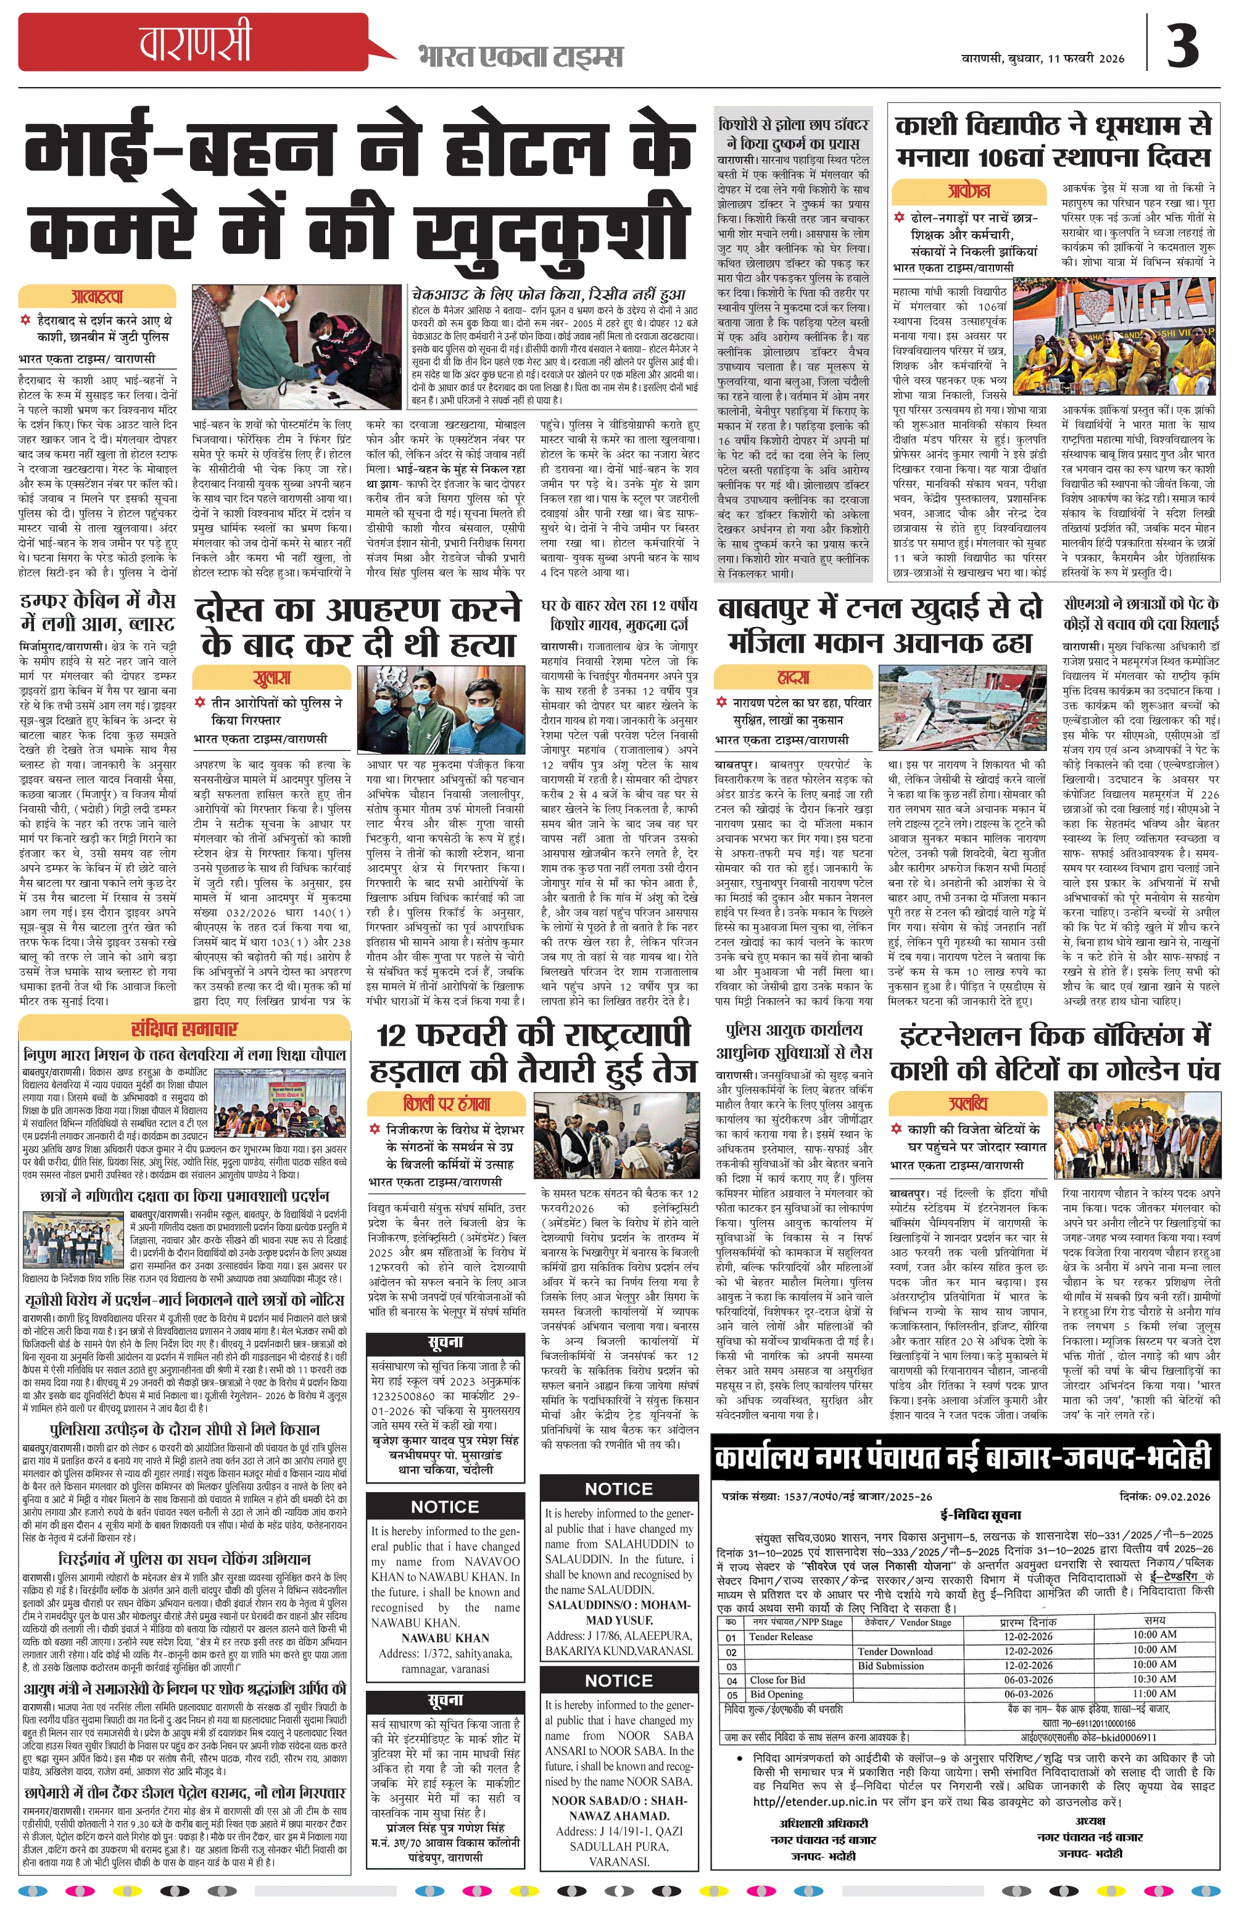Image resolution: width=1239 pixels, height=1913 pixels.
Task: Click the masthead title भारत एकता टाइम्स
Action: click(520, 56)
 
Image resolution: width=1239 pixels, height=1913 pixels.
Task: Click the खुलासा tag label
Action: click(271, 678)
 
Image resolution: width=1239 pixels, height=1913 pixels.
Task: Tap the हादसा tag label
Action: click(793, 677)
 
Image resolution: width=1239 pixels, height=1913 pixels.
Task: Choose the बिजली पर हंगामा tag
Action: click(447, 1103)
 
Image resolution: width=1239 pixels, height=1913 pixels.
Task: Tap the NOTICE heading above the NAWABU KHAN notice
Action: click(444, 1506)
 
